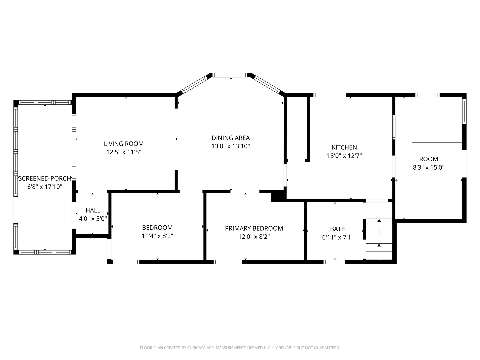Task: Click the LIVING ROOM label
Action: click(124, 144)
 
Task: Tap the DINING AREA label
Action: click(230, 138)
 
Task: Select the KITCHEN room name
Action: click(344, 147)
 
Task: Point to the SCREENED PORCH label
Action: click(45, 178)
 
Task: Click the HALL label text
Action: click(93, 210)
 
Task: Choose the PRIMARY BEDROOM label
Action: click(254, 228)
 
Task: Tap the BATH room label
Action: click(338, 229)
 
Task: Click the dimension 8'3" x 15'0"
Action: click(428, 167)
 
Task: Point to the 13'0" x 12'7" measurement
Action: click(344, 156)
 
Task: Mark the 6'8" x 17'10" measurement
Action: click(45, 187)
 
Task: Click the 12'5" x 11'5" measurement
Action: click(124, 152)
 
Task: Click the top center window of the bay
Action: click(230, 75)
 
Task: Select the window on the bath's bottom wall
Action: click(334, 262)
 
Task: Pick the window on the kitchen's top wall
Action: click(330, 95)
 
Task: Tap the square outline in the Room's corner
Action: click(437, 120)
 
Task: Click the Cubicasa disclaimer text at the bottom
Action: click(240, 348)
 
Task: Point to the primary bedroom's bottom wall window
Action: click(228, 262)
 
